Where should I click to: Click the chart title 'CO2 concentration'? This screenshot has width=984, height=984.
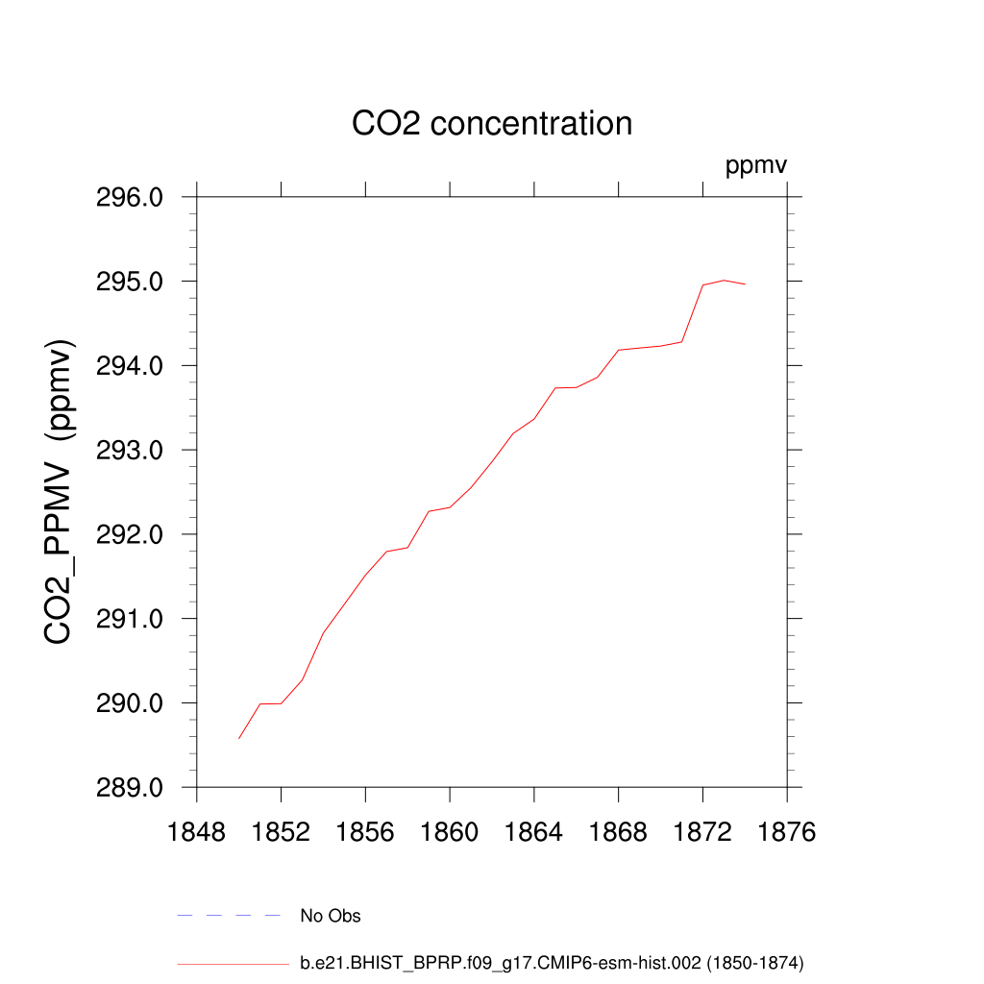coord(492,124)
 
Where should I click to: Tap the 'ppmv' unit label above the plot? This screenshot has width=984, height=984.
coord(756,166)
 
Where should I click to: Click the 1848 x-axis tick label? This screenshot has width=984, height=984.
coord(197,832)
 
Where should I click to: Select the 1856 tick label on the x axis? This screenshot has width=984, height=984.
coord(365,832)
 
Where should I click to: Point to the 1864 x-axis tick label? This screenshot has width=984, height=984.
coord(534,832)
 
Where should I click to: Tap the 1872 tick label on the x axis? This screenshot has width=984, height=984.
coord(702,832)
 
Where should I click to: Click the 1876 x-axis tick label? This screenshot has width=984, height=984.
coord(787,832)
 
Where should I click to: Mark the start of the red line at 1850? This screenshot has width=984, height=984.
coord(239,738)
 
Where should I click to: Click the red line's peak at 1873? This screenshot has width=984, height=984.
coord(724,281)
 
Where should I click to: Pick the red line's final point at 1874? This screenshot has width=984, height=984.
coord(745,284)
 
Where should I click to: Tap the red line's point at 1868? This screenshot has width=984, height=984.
coord(619,350)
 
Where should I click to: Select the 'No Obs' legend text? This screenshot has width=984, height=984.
coord(331,916)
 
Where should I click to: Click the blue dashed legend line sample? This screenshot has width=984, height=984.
coord(229,916)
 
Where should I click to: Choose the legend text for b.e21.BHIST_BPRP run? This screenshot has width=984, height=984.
coord(552,962)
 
